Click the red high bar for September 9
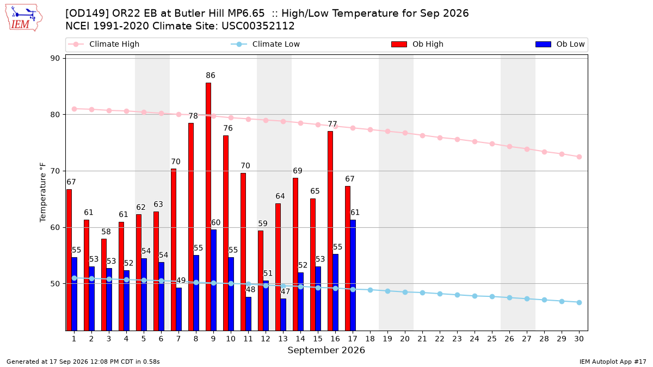coord(208,207)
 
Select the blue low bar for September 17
coord(353,275)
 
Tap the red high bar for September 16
coord(330,231)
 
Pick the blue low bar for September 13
coord(284,315)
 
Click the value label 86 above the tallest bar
coord(211,76)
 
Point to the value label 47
coord(285,291)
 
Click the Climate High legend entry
coord(103,44)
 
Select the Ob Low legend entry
coord(560,44)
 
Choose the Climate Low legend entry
coord(266,44)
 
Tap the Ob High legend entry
coord(417,44)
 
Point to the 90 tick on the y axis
coord(55,58)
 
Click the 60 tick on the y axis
coord(55,227)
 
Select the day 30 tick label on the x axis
coord(579,339)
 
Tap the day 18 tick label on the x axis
coord(370,339)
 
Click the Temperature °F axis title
coord(43,192)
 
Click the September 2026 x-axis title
coord(326,350)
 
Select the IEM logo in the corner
coord(24,18)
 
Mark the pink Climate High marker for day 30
coord(579,157)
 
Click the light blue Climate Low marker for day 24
coord(475,296)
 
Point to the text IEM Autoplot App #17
coord(613,362)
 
